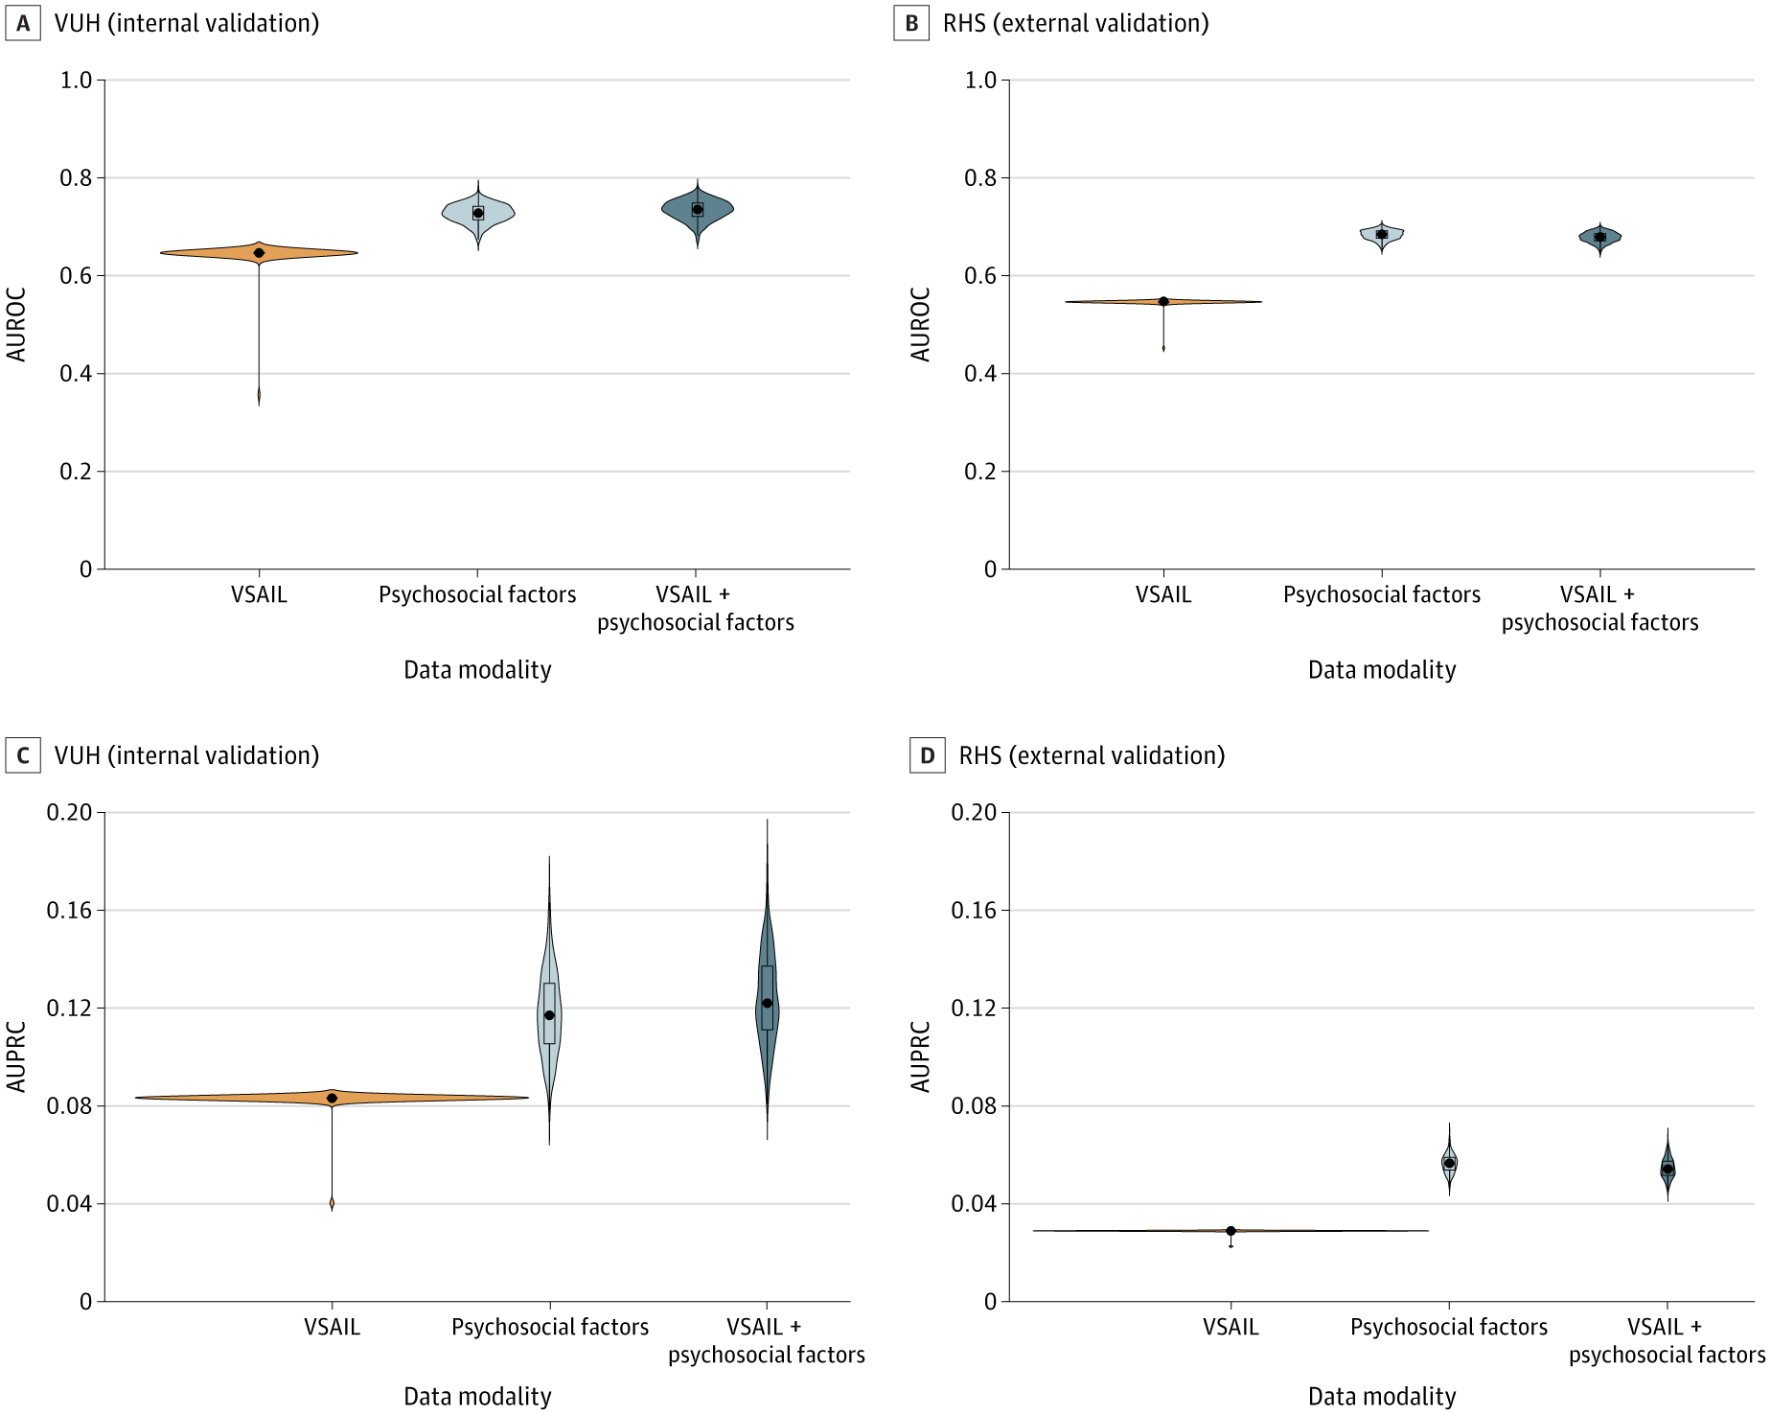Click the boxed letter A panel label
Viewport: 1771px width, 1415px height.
23,24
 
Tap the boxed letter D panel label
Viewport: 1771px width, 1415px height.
928,756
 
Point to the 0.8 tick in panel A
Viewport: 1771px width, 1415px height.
77,178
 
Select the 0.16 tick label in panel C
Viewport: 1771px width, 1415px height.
69,910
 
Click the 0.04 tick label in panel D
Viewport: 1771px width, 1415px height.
974,1203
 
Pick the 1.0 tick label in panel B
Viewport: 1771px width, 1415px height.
980,81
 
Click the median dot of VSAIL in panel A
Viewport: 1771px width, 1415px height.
259,253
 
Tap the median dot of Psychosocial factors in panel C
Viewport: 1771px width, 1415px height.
549,1015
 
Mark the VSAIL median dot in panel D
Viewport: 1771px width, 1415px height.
1230,1231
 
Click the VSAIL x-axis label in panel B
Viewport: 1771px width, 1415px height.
1163,594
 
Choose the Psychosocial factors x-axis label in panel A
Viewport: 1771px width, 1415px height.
477,594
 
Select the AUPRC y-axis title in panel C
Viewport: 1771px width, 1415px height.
16,1056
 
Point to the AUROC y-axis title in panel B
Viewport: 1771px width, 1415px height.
921,324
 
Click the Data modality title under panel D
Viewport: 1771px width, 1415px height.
1381,1396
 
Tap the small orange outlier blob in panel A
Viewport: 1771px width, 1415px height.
259,395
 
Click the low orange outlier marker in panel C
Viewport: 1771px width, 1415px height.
332,1203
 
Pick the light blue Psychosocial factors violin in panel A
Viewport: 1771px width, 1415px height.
477,213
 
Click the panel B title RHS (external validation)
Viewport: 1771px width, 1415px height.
1075,24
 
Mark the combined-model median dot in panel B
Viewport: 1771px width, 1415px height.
1599,237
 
